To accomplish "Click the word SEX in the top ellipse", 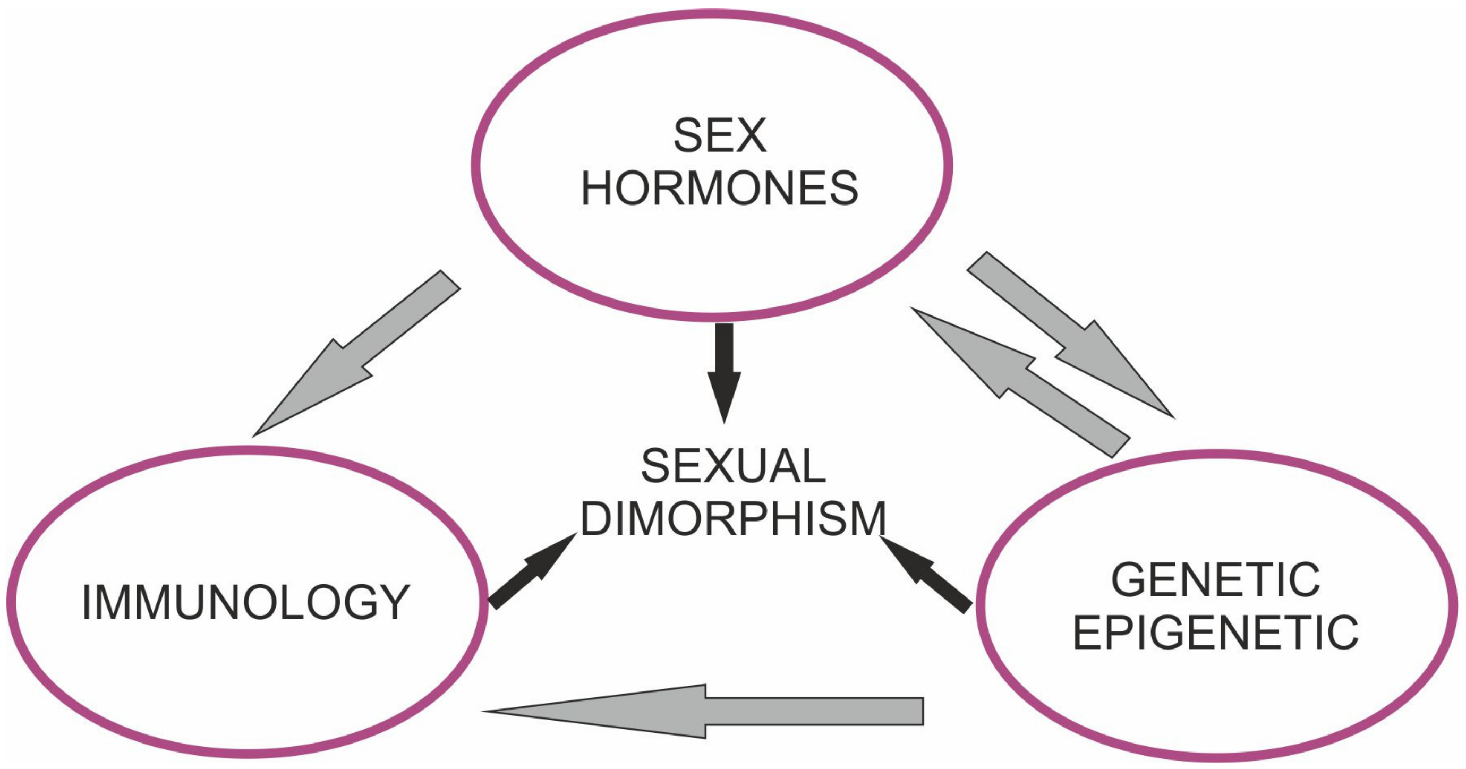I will pos(719,135).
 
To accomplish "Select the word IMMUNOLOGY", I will pos(246,602).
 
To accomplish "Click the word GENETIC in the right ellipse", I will pos(1216,580).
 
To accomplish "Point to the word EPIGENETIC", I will pos(1216,633).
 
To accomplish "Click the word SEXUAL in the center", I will pos(733,466).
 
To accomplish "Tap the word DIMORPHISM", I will pos(733,518).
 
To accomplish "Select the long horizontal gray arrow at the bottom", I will pos(740,711).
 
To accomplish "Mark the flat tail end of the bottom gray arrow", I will pos(921,711).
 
